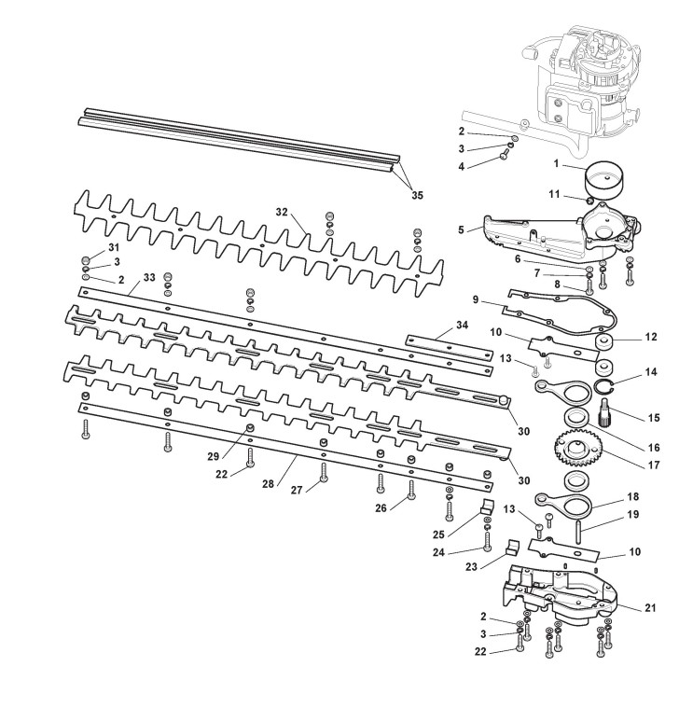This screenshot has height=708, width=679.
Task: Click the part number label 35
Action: pos(416,195)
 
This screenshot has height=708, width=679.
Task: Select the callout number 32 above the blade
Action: pos(282,213)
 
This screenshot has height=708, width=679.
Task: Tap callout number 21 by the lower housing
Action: pos(649,607)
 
